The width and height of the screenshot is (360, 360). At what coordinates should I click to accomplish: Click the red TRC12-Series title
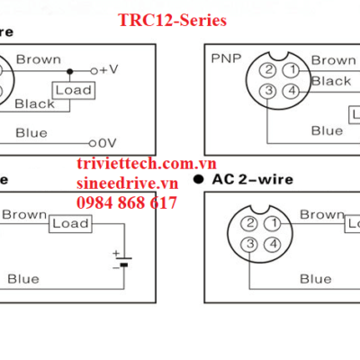(x=173, y=19)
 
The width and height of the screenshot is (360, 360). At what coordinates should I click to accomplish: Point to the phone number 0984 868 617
(x=127, y=203)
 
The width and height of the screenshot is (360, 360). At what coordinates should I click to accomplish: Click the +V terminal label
(x=109, y=68)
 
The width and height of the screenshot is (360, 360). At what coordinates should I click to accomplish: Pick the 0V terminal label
(x=108, y=141)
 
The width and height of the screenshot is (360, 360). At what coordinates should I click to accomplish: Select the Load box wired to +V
(x=73, y=90)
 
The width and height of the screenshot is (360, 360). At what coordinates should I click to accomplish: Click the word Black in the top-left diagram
(x=34, y=103)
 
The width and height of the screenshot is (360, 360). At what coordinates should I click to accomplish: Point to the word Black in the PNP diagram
(x=330, y=81)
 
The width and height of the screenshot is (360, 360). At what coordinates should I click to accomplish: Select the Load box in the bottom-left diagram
(x=67, y=222)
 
